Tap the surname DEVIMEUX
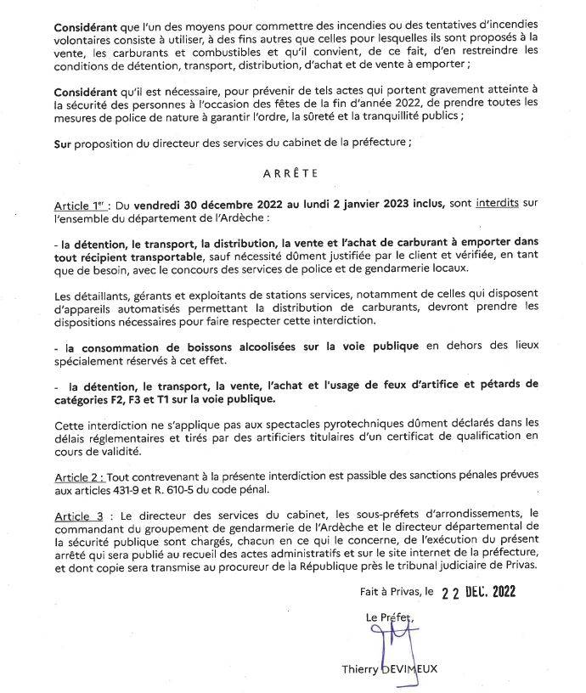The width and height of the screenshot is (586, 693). (409, 671)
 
